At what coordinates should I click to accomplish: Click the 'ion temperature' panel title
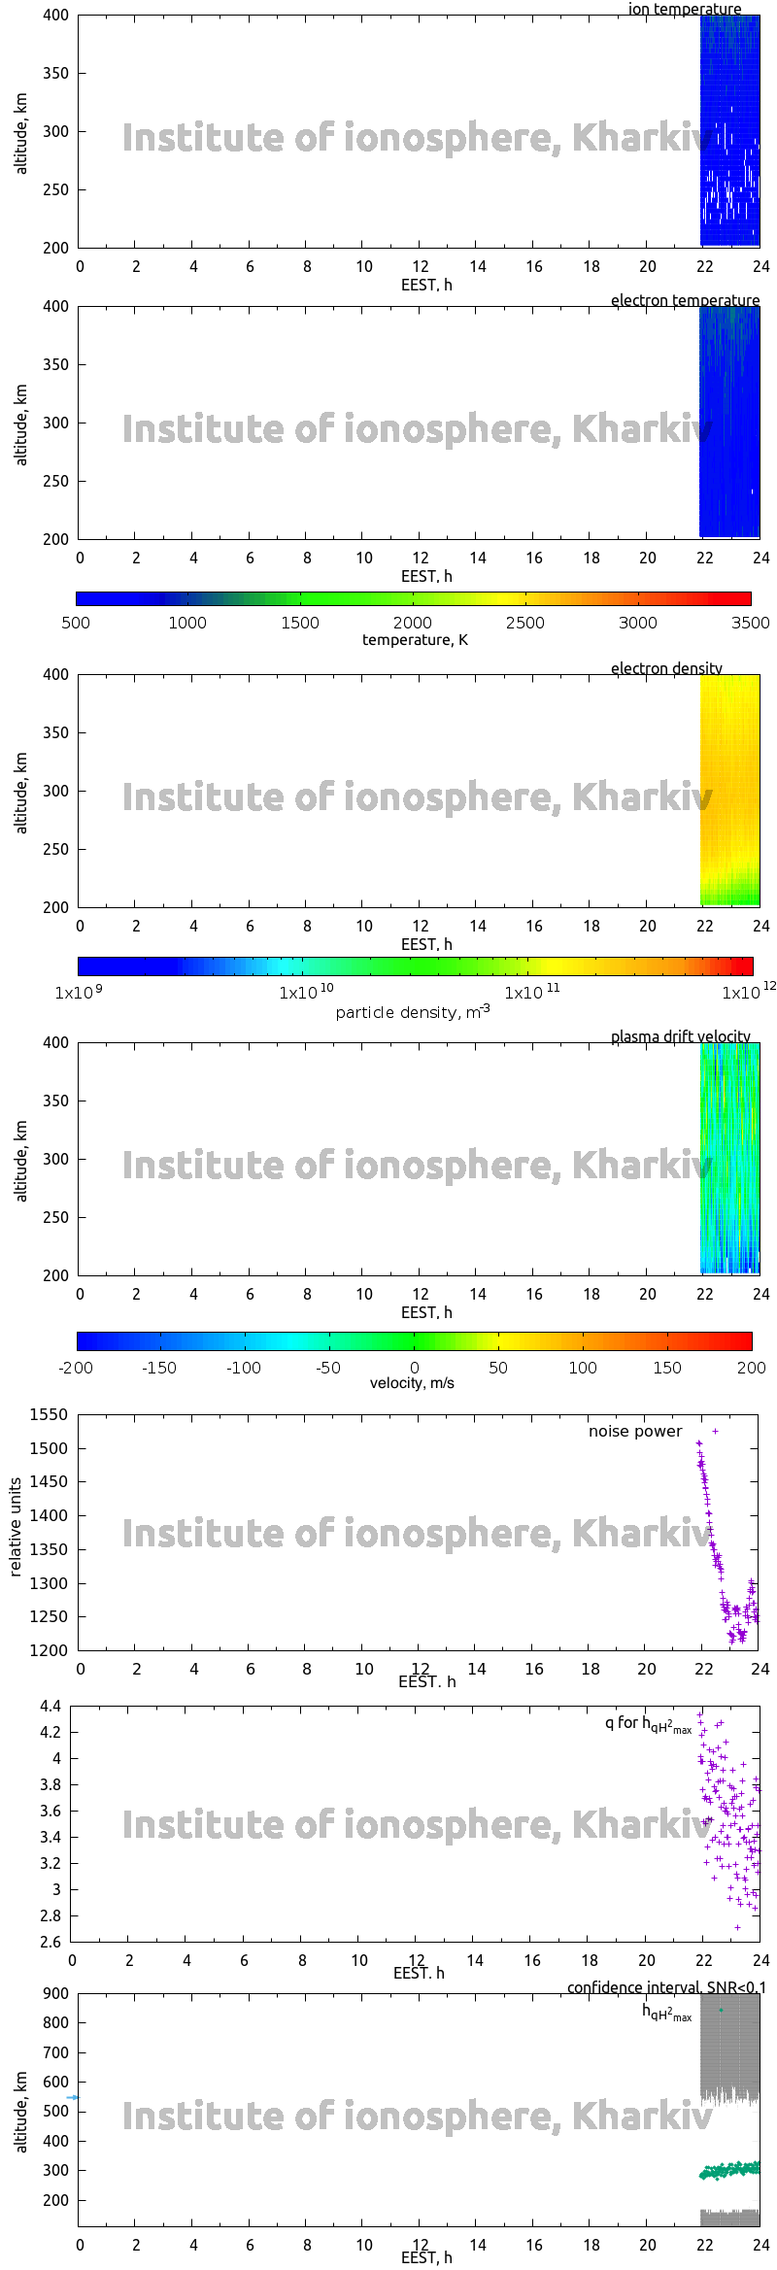(684, 10)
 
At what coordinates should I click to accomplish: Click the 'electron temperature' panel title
(685, 301)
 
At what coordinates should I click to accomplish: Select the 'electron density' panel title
(666, 669)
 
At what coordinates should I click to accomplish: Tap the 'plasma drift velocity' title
(680, 1037)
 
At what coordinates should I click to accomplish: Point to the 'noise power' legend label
(635, 1432)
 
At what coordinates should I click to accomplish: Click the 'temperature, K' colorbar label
(415, 640)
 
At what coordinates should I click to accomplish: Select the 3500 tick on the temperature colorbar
(751, 624)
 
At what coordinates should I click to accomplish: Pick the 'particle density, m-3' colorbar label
(413, 1013)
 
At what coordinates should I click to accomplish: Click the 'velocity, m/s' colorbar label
(412, 1383)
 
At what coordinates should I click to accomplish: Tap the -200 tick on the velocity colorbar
(76, 1368)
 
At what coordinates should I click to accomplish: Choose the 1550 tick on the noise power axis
(49, 1415)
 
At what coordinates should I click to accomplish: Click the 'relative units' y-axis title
(16, 1528)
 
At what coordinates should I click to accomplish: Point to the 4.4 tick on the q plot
(51, 1706)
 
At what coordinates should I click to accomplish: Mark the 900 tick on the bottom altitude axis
(56, 1994)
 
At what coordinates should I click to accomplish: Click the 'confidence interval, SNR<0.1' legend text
(666, 1988)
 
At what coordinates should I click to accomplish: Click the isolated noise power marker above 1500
(716, 1431)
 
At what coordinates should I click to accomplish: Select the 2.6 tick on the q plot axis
(51, 1942)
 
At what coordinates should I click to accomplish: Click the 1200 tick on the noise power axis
(49, 1650)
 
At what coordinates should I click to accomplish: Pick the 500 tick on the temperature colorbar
(76, 624)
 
